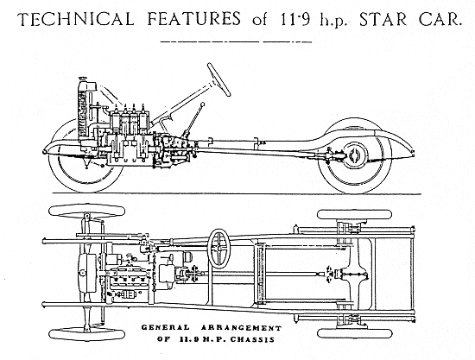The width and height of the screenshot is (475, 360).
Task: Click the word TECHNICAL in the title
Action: click(x=76, y=19)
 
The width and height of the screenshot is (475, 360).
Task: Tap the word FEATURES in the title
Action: click(x=194, y=19)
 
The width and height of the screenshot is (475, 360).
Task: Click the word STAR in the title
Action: click(x=383, y=19)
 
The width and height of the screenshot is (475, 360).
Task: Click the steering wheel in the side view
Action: click(x=218, y=79)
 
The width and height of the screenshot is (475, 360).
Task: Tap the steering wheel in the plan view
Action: click(x=219, y=249)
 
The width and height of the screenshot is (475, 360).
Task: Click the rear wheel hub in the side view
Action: click(x=354, y=155)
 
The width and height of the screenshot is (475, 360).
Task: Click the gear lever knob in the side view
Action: click(x=202, y=104)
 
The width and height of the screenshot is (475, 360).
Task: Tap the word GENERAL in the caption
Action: click(x=166, y=327)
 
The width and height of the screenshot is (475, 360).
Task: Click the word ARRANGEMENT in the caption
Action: click(x=242, y=328)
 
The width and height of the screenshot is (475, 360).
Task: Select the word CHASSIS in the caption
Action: click(x=252, y=339)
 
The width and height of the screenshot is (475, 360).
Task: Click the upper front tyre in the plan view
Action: click(x=87, y=210)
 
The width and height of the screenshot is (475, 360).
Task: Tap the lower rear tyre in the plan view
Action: click(x=355, y=333)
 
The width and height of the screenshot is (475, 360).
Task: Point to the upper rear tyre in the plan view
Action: click(x=354, y=214)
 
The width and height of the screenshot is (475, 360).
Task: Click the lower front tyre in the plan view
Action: click(x=86, y=334)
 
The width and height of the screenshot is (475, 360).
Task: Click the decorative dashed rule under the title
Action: click(x=236, y=41)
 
